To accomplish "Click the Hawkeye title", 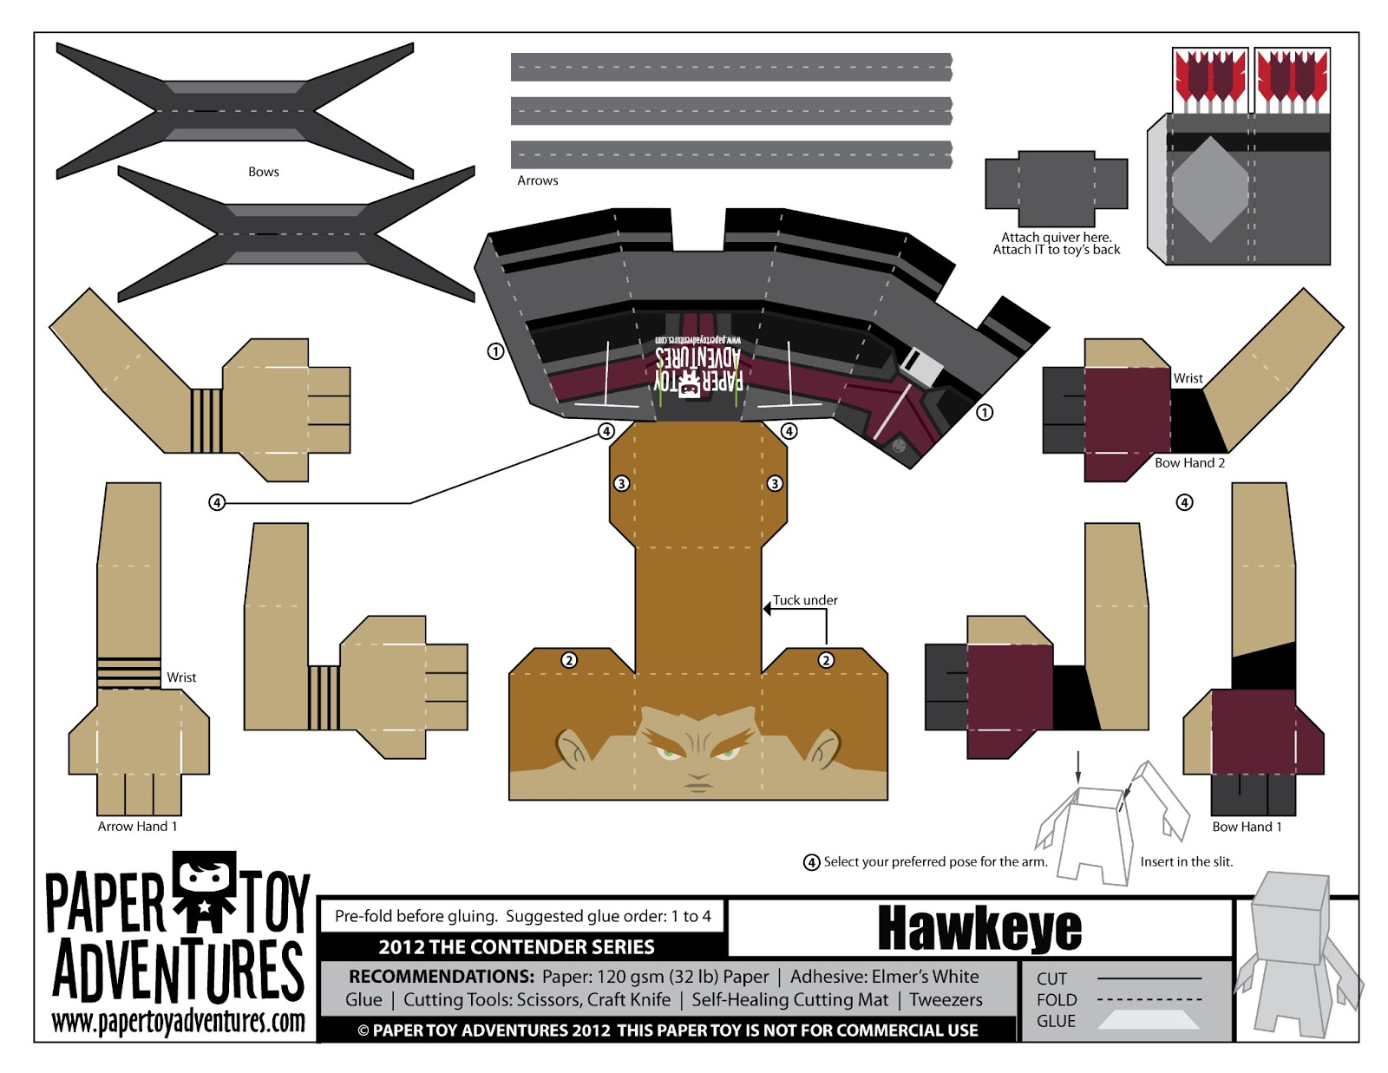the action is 979,929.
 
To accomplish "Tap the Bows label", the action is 263,172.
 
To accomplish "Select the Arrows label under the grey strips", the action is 537,180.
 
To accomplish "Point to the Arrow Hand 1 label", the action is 137,827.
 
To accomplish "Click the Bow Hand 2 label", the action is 1189,463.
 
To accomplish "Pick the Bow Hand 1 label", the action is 1247,827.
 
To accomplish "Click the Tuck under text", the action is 805,600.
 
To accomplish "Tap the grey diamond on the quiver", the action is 1210,188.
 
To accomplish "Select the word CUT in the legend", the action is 1051,979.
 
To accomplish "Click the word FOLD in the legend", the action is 1057,1000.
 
